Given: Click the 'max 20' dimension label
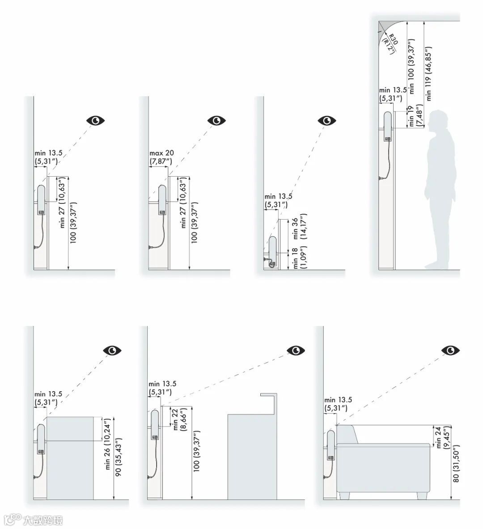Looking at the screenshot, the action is click(x=162, y=153).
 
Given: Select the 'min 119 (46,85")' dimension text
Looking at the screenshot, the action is click(x=428, y=73).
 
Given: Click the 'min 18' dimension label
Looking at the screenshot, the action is click(x=295, y=258).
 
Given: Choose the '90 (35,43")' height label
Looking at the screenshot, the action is click(x=118, y=457).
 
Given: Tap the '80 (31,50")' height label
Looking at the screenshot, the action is click(x=456, y=464).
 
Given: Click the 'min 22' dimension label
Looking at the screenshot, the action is click(x=175, y=419).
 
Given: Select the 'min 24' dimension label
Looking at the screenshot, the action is click(x=438, y=438).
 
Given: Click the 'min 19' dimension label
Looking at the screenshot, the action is click(x=411, y=116).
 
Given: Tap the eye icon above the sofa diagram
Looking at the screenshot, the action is click(x=451, y=351).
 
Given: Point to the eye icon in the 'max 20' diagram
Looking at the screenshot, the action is click(x=216, y=120).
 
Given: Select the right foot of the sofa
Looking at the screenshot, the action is click(x=422, y=495).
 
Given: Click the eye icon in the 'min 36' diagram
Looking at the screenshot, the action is click(x=327, y=120).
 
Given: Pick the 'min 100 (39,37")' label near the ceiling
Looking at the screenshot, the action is click(x=411, y=66).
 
